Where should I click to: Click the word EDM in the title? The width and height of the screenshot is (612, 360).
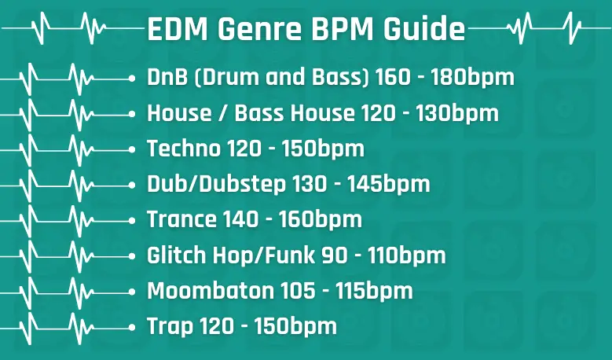pyautogui.click(x=178, y=29)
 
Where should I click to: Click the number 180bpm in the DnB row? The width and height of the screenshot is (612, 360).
pyautogui.click(x=473, y=78)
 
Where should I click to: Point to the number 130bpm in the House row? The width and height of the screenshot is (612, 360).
pyautogui.click(x=457, y=114)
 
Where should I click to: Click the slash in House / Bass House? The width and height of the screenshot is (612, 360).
pyautogui.click(x=223, y=113)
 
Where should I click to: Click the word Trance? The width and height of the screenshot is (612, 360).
pyautogui.click(x=181, y=219)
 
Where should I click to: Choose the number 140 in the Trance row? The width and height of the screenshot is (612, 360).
pyautogui.click(x=240, y=219)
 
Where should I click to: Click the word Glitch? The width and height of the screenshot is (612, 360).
pyautogui.click(x=177, y=255)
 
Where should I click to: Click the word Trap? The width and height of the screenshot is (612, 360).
pyautogui.click(x=170, y=327)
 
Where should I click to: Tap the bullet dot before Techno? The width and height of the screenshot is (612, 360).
pyautogui.click(x=131, y=150)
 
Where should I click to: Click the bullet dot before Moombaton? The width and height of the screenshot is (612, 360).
pyautogui.click(x=131, y=292)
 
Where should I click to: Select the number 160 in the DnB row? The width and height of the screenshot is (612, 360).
pyautogui.click(x=393, y=77)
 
